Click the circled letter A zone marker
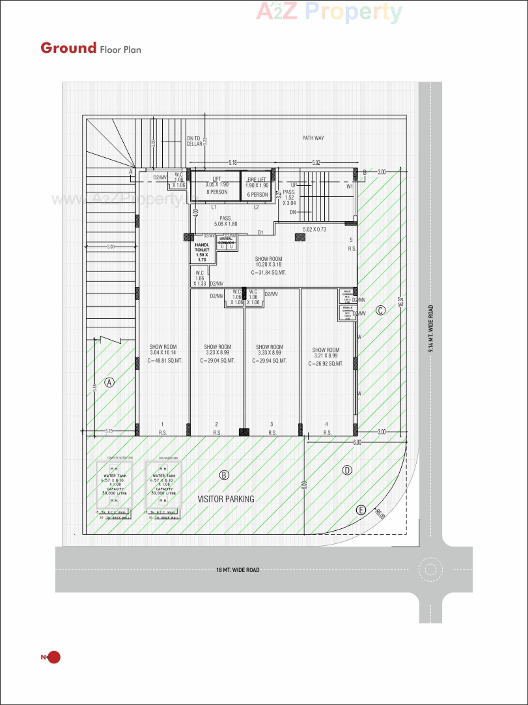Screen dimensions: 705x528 tap(110, 382)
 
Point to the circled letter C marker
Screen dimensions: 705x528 tap(381, 310)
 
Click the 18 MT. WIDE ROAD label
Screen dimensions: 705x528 tap(238, 570)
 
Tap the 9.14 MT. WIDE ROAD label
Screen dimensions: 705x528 tap(431, 328)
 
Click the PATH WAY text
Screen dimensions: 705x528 tap(313, 138)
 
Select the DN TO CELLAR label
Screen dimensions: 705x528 tap(194, 141)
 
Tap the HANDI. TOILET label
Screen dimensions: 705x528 tap(202, 252)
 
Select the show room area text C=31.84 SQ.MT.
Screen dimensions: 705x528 tap(268, 272)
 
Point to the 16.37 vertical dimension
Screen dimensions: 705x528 tap(401, 301)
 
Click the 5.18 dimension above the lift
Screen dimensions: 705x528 tap(233, 163)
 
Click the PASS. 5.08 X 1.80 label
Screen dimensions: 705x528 tap(226, 221)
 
